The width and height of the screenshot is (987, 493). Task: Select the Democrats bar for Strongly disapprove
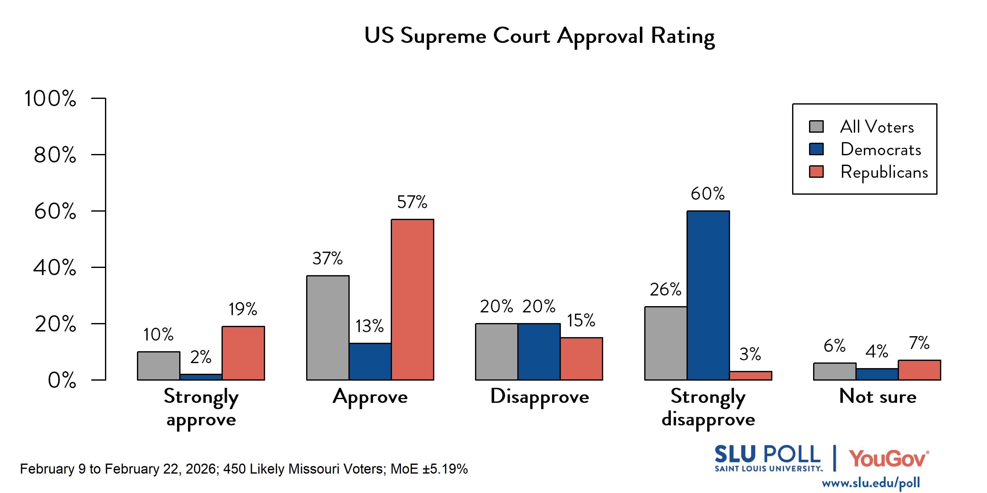[708, 295]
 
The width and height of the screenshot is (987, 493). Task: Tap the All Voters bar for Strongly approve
[159, 366]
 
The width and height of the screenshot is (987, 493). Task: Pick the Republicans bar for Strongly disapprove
[750, 376]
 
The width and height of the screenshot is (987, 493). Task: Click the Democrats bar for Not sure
[877, 374]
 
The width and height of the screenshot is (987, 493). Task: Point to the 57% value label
[412, 202]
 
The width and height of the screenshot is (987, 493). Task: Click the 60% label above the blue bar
[708, 194]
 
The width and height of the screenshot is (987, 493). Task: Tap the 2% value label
[201, 357]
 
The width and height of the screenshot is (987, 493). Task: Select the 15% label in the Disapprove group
[581, 321]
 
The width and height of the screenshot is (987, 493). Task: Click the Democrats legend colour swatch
[816, 149]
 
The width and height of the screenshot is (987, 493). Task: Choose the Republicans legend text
[884, 172]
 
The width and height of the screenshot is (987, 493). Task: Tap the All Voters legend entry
[877, 127]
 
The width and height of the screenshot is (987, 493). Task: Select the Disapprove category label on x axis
[540, 397]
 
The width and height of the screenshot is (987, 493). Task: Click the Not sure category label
[877, 397]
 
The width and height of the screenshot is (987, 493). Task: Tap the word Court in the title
[521, 36]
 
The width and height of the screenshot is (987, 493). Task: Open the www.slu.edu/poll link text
[870, 483]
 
